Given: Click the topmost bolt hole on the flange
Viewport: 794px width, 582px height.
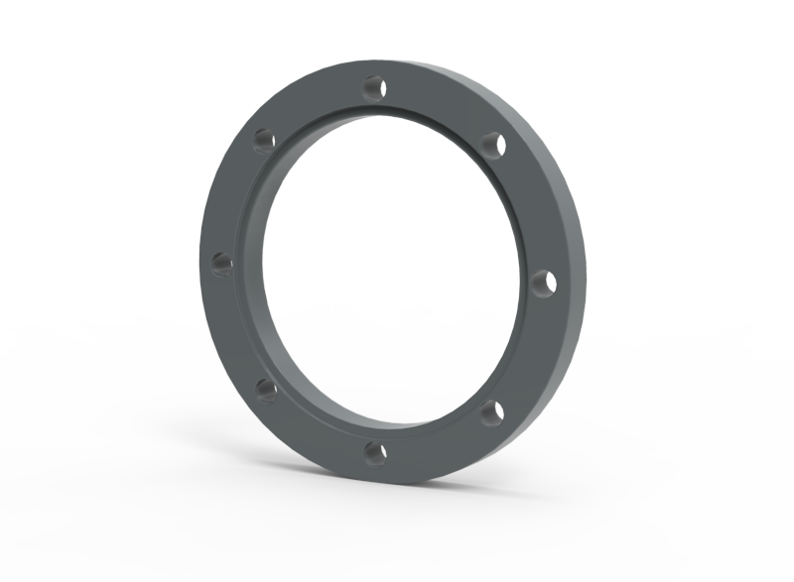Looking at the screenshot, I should pyautogui.click(x=374, y=87).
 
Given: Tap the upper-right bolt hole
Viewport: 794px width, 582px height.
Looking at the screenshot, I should pyautogui.click(x=492, y=144).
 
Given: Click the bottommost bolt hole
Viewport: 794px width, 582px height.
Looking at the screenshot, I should pyautogui.click(x=374, y=453).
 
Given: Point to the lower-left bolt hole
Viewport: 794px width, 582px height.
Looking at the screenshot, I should pyautogui.click(x=266, y=391).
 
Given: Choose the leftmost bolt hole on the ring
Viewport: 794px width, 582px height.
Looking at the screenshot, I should pyautogui.click(x=222, y=264).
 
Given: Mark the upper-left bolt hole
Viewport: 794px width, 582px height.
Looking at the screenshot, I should pyautogui.click(x=264, y=141).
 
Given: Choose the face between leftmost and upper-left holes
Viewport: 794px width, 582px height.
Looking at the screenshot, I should pyautogui.click(x=234, y=198).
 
